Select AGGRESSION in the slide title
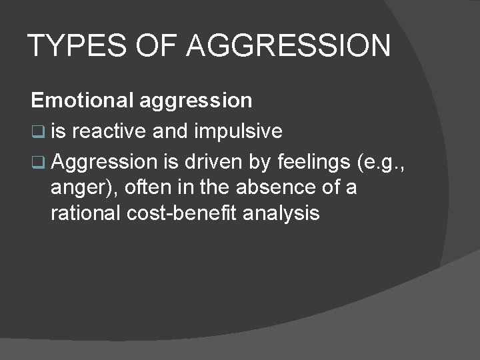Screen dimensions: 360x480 [289, 47]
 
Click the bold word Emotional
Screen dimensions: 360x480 [83, 100]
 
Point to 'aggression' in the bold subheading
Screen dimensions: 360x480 [196, 100]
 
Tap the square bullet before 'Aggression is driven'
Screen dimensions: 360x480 [37, 162]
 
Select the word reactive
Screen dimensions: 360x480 [109, 131]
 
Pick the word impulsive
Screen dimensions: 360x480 [239, 131]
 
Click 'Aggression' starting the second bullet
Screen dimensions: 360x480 [103, 161]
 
